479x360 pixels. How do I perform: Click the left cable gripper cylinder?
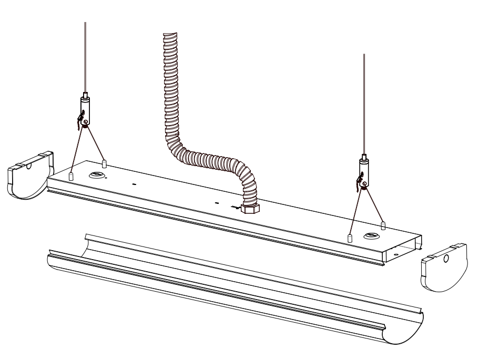tap(85, 108)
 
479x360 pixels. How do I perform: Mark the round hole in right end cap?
tap(446, 259)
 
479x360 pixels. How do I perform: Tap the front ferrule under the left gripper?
tap(71, 175)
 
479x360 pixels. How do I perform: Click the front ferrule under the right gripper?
tap(350, 237)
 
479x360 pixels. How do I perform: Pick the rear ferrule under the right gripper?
tap(383, 225)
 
